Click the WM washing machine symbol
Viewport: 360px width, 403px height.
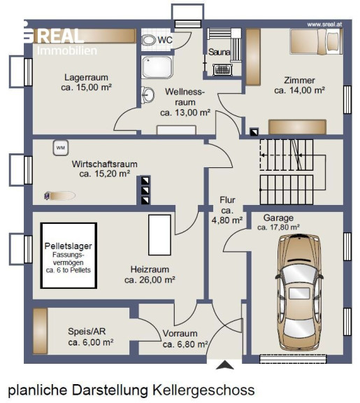pyautogui.click(x=61, y=148)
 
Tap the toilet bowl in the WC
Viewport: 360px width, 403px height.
pyautogui.click(x=149, y=40)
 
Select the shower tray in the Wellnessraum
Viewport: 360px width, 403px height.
pyautogui.click(x=157, y=67)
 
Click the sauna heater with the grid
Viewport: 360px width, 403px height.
pyautogui.click(x=222, y=70)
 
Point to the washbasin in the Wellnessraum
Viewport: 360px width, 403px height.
pyautogui.click(x=147, y=95)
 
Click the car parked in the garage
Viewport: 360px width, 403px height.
pyautogui.click(x=299, y=292)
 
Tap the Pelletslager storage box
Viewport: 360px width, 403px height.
pyautogui.click(x=69, y=255)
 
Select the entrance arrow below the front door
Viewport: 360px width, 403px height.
pyautogui.click(x=224, y=365)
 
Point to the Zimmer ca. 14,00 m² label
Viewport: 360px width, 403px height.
pyautogui.click(x=300, y=85)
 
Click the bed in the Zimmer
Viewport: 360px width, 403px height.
pyautogui.click(x=316, y=41)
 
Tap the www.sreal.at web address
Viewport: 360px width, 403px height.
pyautogui.click(x=324, y=24)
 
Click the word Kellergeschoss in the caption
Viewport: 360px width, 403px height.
pyautogui.click(x=203, y=390)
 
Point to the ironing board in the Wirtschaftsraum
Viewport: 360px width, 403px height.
pyautogui.click(x=59, y=196)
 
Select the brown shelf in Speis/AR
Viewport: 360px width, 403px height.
pyautogui.click(x=41, y=331)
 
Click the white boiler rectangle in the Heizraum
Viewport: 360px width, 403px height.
pyautogui.click(x=159, y=235)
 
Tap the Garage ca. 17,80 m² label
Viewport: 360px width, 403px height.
pyautogui.click(x=278, y=222)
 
